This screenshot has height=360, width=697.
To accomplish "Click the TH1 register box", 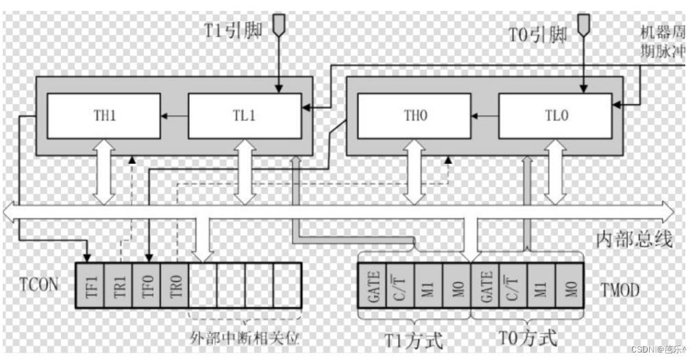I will pos(105,116).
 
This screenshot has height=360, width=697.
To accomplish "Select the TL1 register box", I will pos(245,116).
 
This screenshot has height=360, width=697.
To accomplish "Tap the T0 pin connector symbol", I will pos(583,25).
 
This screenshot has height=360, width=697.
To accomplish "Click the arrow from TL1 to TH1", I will pos(175,116).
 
